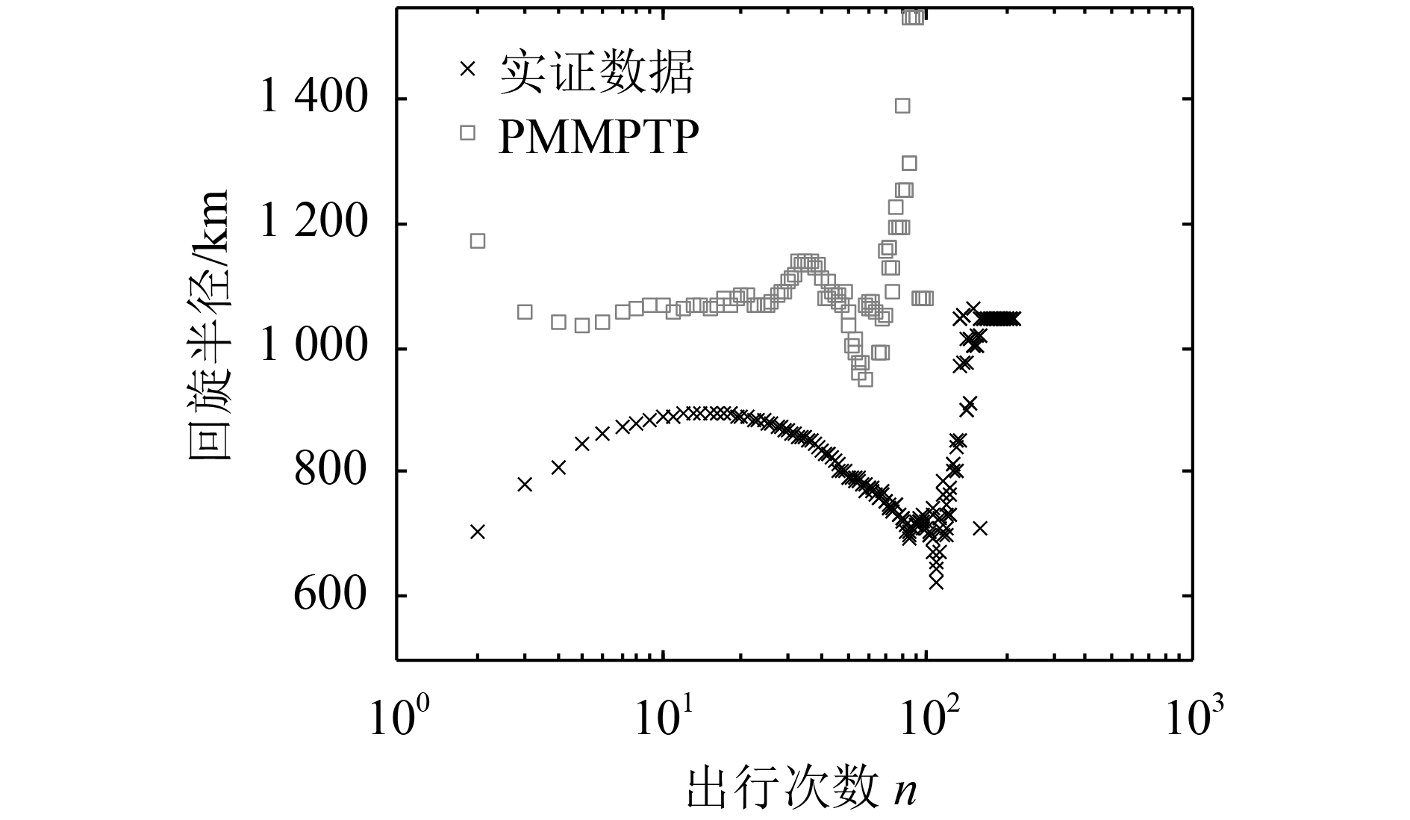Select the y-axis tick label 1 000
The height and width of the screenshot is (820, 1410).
(x=313, y=348)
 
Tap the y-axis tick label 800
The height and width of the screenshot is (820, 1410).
(x=331, y=471)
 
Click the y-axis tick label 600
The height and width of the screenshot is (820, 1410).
(x=331, y=596)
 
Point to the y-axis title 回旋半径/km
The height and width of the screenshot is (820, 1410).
(x=210, y=326)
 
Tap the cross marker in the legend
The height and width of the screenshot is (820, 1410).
(x=467, y=69)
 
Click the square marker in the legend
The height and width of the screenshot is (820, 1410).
(x=468, y=132)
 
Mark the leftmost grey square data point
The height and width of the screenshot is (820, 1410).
(x=478, y=240)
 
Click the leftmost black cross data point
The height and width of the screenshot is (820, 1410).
(x=478, y=532)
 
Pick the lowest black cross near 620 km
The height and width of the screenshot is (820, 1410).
(x=936, y=583)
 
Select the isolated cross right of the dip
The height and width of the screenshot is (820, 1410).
(x=980, y=528)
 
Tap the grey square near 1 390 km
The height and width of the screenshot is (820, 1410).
(x=902, y=105)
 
